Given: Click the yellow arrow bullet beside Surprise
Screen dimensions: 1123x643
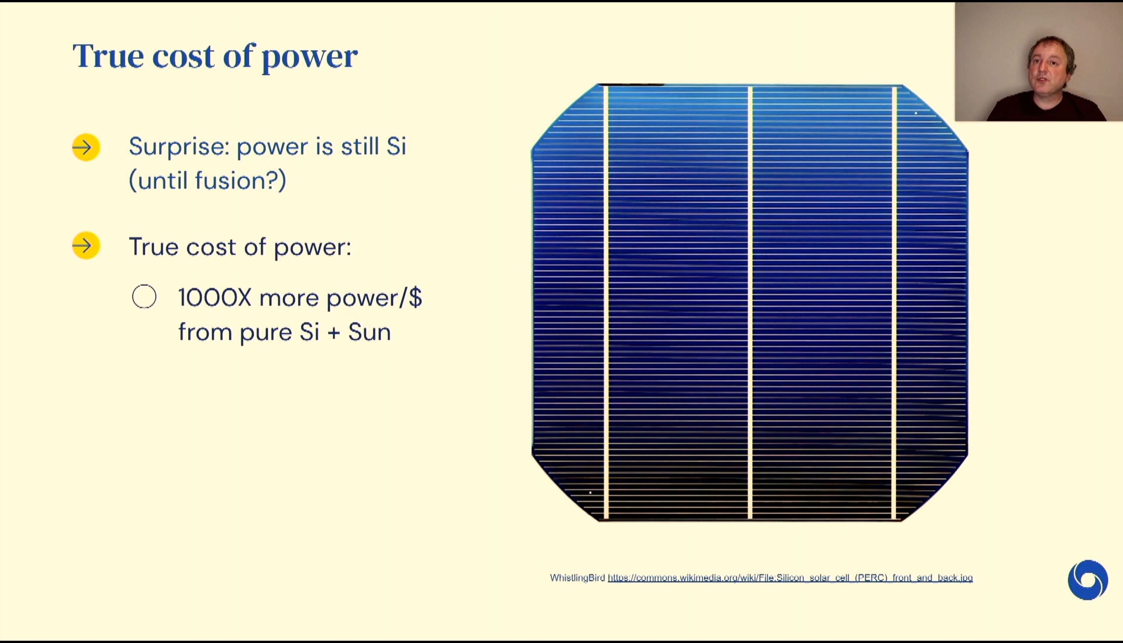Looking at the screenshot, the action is (x=86, y=147).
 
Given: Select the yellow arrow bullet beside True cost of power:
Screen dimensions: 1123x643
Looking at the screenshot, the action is (x=86, y=245).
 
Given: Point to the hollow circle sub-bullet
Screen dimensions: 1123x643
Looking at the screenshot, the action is (x=144, y=296).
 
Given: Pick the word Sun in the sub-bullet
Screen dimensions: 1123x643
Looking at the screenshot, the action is (x=369, y=332).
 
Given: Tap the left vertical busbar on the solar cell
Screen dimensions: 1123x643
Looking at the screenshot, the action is (x=606, y=303).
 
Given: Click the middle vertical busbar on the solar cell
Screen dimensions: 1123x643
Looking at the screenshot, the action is (x=750, y=303).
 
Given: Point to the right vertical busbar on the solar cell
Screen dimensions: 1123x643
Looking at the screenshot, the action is (x=894, y=303).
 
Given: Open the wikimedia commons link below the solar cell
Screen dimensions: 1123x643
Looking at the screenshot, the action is (x=790, y=578).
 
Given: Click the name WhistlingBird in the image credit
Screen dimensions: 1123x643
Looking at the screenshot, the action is (x=577, y=578).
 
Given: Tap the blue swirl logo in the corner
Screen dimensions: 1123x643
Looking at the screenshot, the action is (x=1088, y=580).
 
